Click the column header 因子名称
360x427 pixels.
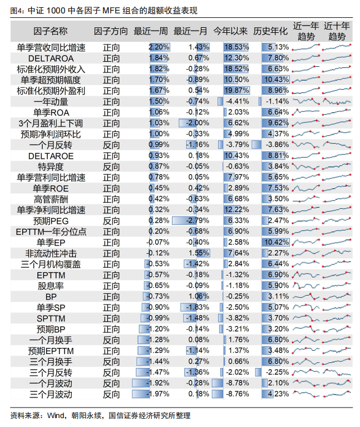tap(51, 31)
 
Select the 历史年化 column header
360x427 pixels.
tap(270, 31)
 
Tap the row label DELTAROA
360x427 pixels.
tap(51, 58)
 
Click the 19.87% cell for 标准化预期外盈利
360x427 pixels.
tap(236, 90)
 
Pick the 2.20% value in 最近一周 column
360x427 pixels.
tap(159, 47)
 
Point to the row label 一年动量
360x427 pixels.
tap(51, 101)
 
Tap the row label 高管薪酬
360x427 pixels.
tap(51, 199)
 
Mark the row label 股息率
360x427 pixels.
tap(51, 286)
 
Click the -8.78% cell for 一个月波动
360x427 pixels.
tap(236, 383)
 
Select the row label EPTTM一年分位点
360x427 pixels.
tap(51, 232)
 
